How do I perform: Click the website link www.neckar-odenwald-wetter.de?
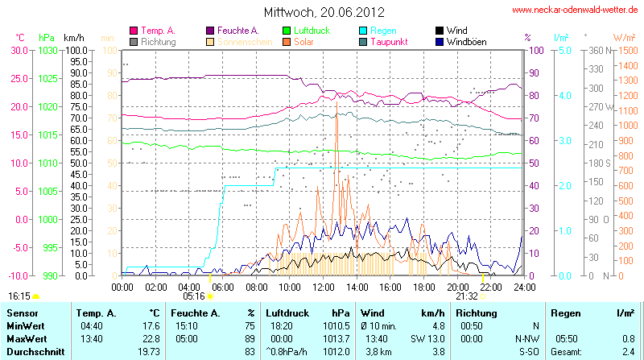[x=576, y=10]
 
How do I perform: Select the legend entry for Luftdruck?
[x=314, y=30]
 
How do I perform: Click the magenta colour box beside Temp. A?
[x=134, y=31]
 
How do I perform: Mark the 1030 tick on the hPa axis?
[x=48, y=50]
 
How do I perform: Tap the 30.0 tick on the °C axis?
[x=19, y=50]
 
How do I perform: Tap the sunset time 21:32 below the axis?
[x=467, y=296]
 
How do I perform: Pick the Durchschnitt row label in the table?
[x=33, y=351]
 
